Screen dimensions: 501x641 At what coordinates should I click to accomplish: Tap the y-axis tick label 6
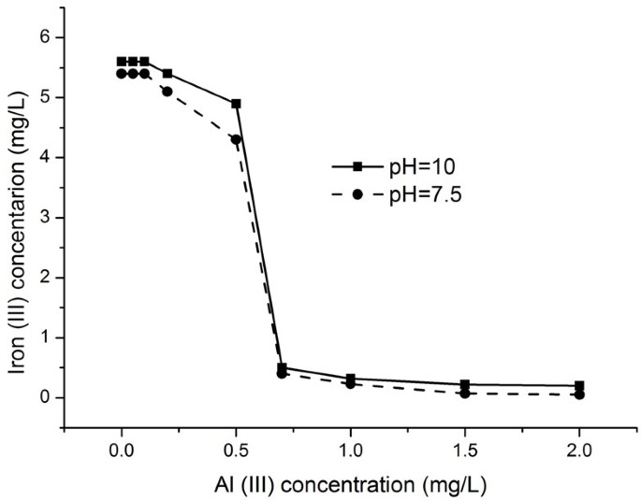(x=43, y=37)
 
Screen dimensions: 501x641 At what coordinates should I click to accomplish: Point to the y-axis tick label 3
(x=43, y=218)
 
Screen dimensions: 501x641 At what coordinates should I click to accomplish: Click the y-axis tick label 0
(x=43, y=397)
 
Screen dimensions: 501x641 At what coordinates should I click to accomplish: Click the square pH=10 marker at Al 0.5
(x=236, y=104)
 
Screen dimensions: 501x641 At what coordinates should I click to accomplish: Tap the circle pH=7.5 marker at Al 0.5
(x=236, y=139)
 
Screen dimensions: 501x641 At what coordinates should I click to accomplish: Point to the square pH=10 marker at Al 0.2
(x=168, y=73)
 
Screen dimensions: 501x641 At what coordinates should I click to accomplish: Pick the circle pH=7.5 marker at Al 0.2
(x=168, y=92)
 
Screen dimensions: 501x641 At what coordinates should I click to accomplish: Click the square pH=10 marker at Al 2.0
(x=579, y=385)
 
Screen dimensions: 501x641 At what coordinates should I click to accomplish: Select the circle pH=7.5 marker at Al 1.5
(x=465, y=394)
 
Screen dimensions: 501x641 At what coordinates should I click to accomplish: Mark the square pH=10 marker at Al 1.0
(x=350, y=379)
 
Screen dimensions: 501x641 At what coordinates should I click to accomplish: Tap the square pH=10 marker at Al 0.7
(x=282, y=368)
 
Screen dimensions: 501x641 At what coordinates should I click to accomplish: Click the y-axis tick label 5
(x=43, y=97)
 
